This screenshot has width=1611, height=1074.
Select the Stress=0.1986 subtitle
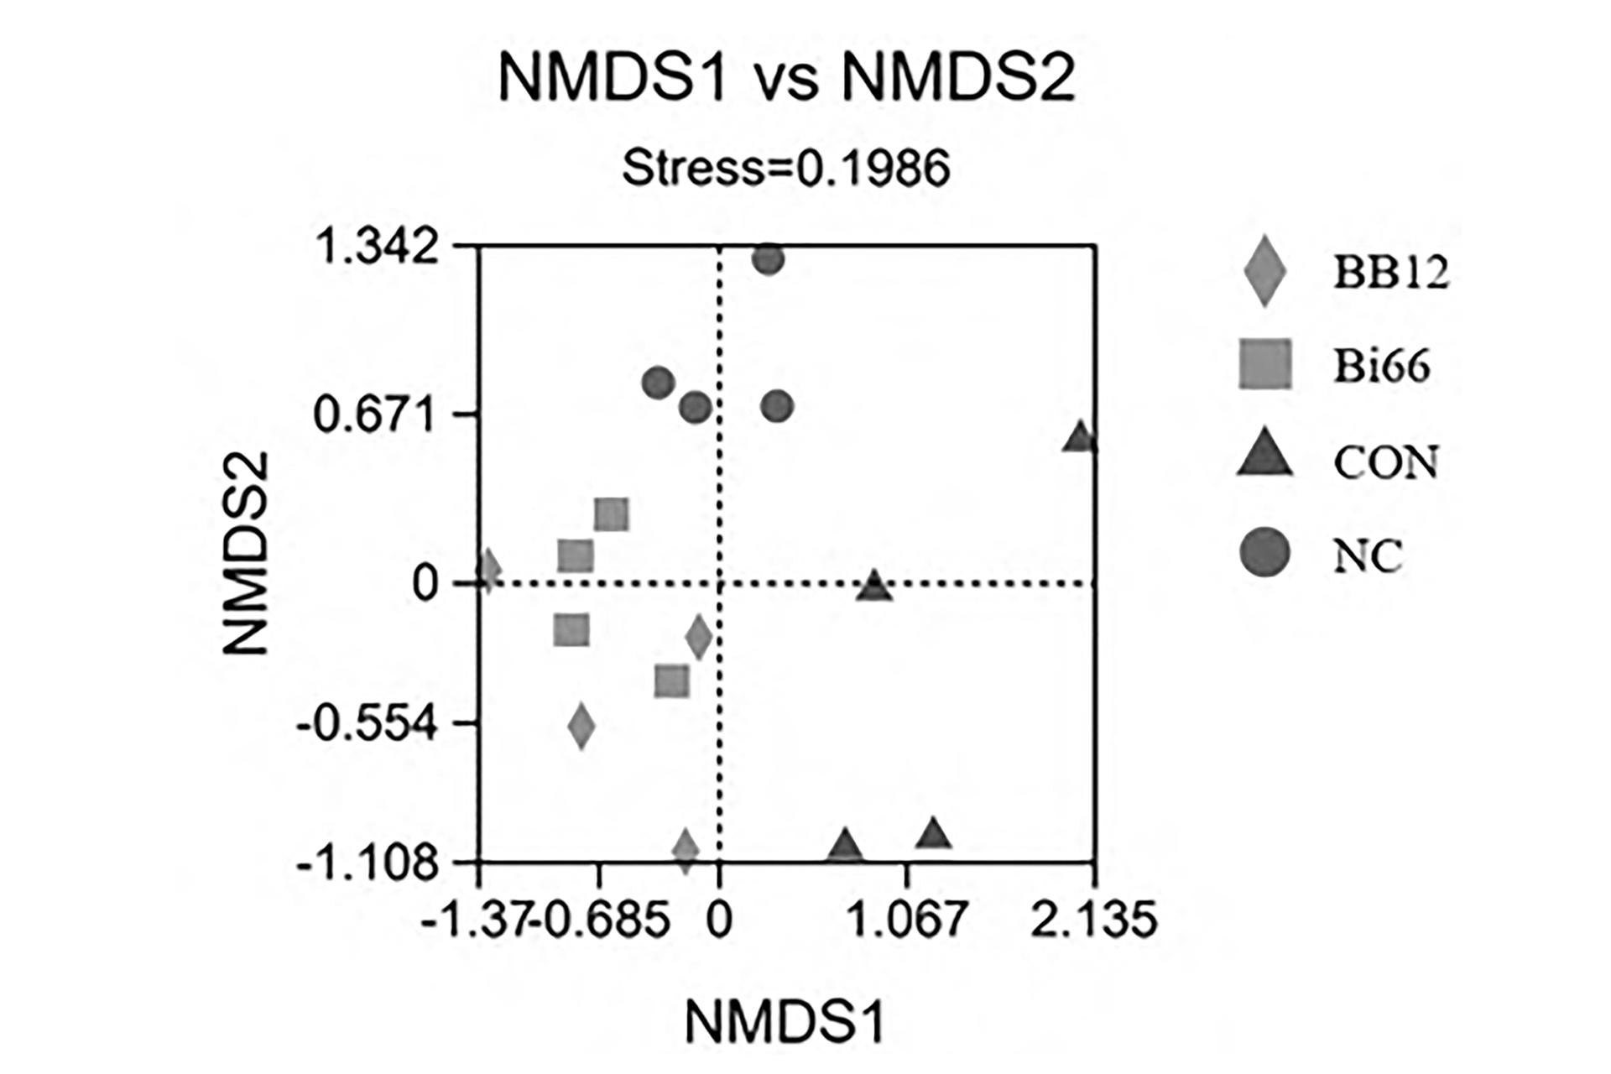(x=786, y=168)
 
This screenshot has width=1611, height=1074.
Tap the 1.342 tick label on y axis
(x=376, y=248)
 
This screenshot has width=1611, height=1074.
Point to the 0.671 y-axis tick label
(x=376, y=414)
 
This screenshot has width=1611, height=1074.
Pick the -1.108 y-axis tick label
(x=368, y=862)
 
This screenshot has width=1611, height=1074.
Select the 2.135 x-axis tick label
(x=1093, y=919)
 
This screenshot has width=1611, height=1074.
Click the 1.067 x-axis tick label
(x=906, y=919)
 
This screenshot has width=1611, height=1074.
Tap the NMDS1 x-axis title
(x=785, y=1022)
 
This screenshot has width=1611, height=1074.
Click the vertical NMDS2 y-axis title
(x=246, y=554)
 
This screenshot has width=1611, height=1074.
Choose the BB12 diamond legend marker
(x=1264, y=271)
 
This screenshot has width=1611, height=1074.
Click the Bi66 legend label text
(x=1382, y=366)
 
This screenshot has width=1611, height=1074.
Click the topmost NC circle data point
(x=769, y=260)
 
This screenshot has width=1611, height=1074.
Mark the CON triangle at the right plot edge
(x=1080, y=438)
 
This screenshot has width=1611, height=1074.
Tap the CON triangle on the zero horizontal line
(x=874, y=587)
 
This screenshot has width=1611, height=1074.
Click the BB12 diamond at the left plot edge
(x=488, y=571)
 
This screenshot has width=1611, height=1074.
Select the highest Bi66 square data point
(x=612, y=514)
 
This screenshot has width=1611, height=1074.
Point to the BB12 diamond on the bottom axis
(x=686, y=851)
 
